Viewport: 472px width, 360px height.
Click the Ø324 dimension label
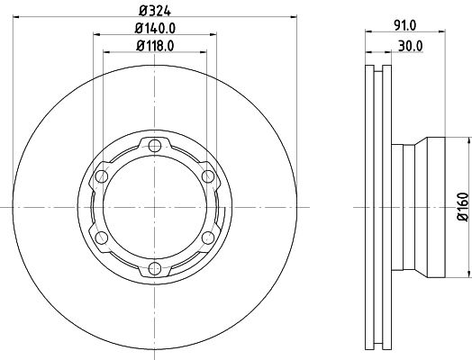pos(155,11)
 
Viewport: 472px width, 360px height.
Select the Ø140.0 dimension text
pos(155,29)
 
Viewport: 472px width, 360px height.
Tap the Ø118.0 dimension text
pos(155,46)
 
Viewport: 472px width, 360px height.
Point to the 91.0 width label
pos(405,25)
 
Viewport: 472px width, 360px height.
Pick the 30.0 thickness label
pos(411,46)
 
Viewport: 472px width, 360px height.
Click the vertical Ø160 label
pos(463,207)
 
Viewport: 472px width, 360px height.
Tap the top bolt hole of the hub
pos(155,146)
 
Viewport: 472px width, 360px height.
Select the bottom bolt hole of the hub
pos(155,268)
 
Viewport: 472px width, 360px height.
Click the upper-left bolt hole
pos(102,176)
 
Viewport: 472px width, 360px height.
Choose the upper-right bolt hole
pos(208,176)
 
